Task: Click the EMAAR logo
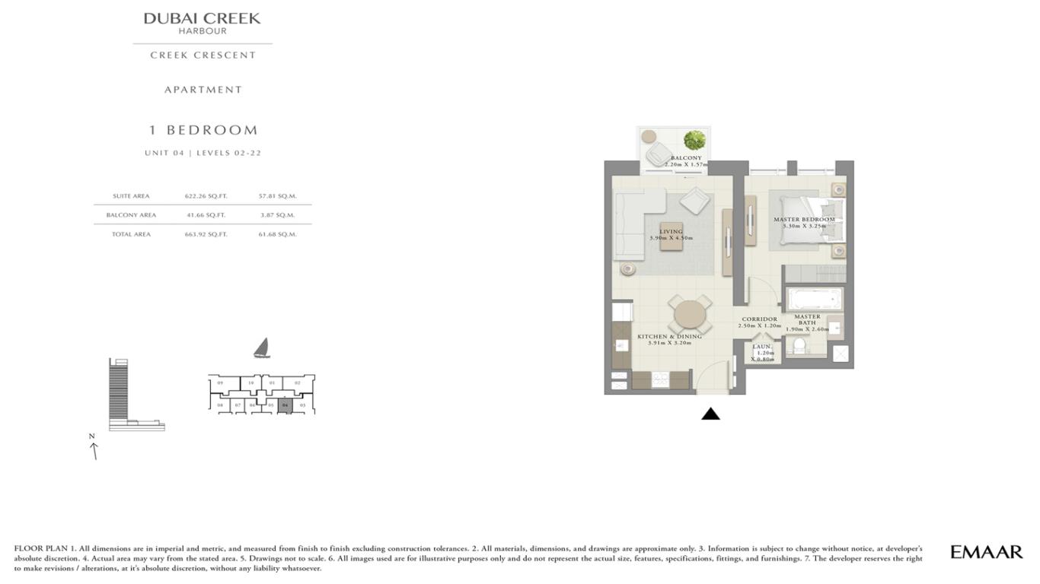point(986,552)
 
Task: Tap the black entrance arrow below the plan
point(710,414)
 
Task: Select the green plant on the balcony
point(694,140)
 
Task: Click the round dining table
point(690,314)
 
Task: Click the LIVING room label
point(671,232)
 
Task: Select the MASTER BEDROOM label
point(804,220)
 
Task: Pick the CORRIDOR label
point(759,319)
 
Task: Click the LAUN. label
point(761,347)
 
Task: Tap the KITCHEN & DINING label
point(669,336)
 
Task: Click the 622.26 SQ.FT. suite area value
point(206,196)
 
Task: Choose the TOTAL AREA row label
point(131,234)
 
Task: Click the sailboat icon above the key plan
point(262,348)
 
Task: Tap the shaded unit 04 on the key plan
point(285,405)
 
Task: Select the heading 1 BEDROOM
point(203,130)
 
